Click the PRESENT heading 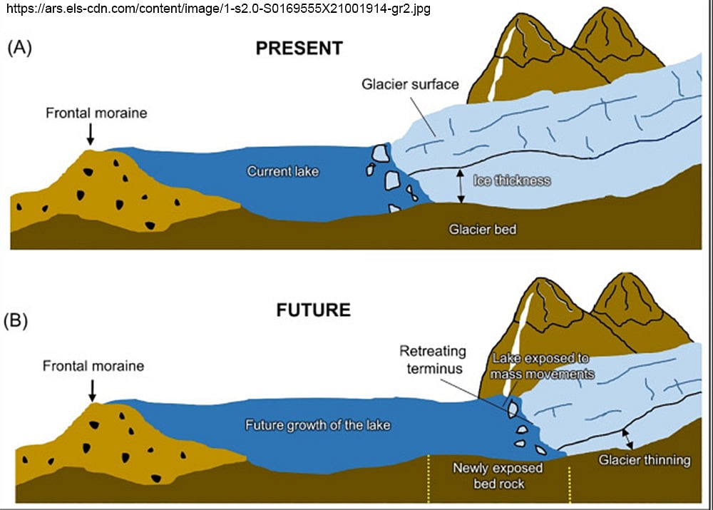(299, 49)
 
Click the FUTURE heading (313, 310)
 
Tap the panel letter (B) (16, 320)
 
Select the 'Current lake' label (283, 171)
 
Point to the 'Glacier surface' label (410, 84)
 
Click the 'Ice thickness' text (512, 180)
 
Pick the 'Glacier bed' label (482, 230)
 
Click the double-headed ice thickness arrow (461, 186)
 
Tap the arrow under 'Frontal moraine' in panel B (92, 389)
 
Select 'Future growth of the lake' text (318, 425)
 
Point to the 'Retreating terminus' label (432, 359)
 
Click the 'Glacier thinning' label (645, 460)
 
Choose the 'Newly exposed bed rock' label (498, 476)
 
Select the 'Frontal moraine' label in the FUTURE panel (93, 367)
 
